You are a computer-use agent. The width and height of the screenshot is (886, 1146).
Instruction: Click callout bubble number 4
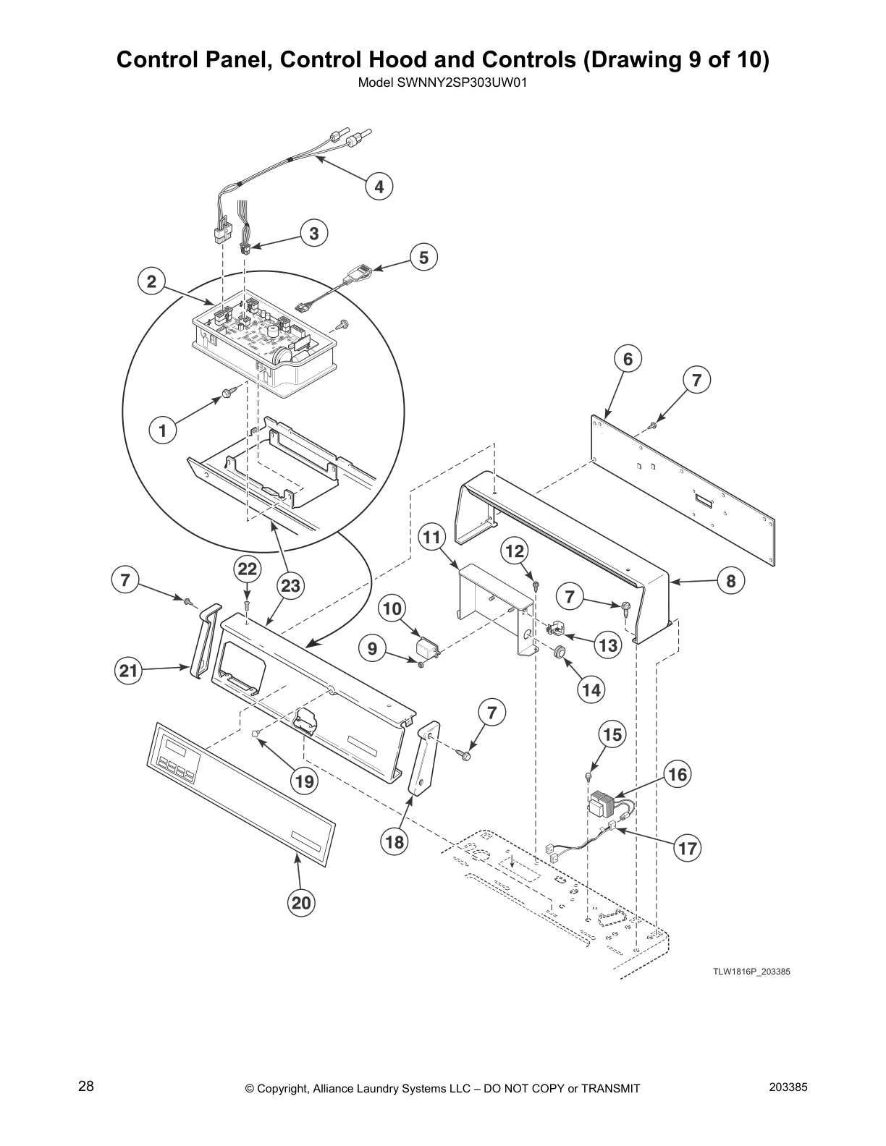pos(379,187)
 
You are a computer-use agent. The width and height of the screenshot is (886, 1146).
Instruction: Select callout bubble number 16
pos(678,775)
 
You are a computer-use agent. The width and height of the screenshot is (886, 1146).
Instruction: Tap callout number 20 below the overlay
pos(302,902)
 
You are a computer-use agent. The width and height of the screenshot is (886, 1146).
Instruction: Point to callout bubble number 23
pos(290,586)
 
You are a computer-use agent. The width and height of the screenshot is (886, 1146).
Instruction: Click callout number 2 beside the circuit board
pos(152,281)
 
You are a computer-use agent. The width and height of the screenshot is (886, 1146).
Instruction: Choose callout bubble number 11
pos(432,538)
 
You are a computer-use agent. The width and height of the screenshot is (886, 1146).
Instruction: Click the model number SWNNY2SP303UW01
pos(442,82)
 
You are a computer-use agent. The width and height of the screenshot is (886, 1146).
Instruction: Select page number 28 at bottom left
pos(86,1086)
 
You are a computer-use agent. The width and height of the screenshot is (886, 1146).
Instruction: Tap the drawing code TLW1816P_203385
pos(751,971)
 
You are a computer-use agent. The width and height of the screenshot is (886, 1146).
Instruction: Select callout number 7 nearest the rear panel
pos(696,381)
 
